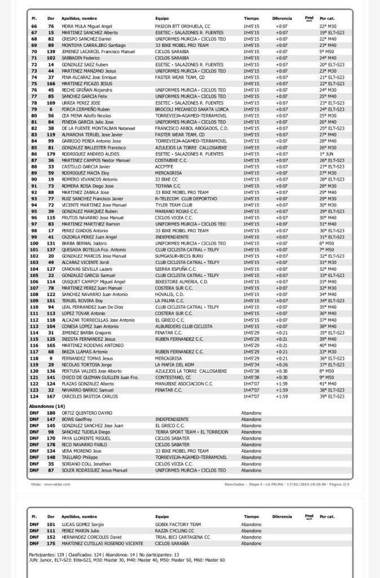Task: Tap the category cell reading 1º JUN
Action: [x=326, y=154]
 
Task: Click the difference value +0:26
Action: [x=281, y=364]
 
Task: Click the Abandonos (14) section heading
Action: [x=47, y=406]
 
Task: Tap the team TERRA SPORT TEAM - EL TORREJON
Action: [x=191, y=432]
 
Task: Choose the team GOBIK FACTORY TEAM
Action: [x=178, y=524]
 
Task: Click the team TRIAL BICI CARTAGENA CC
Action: [x=182, y=537]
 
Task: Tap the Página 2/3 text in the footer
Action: [x=337, y=484]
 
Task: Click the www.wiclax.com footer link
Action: [x=57, y=484]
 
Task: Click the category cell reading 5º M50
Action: [x=327, y=51]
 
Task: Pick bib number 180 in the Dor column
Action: [x=51, y=413]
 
